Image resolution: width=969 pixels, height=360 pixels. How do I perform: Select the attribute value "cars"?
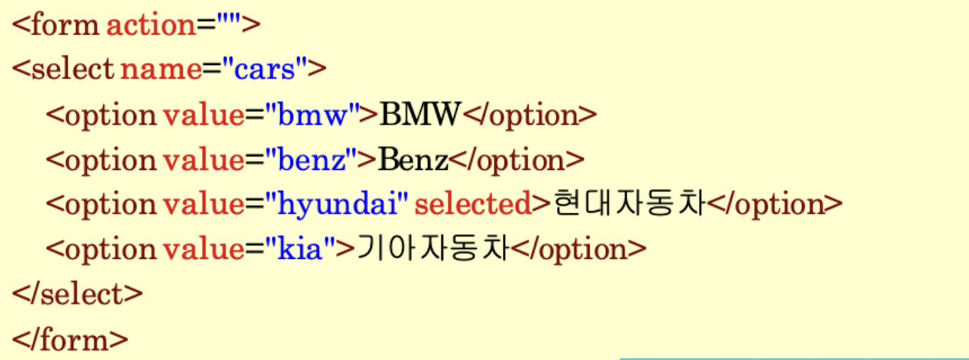tap(266, 70)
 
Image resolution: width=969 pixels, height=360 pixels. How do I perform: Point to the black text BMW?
tap(420, 116)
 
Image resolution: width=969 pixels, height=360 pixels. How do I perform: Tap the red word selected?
tap(472, 205)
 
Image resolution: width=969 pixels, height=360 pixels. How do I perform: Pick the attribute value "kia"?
tap(299, 250)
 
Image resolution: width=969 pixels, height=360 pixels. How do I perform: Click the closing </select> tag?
tap(77, 295)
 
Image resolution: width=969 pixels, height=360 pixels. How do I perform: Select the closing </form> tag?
tap(70, 340)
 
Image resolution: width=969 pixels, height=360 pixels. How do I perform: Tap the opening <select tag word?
tap(63, 70)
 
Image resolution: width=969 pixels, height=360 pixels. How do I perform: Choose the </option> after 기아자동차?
tap(579, 250)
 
